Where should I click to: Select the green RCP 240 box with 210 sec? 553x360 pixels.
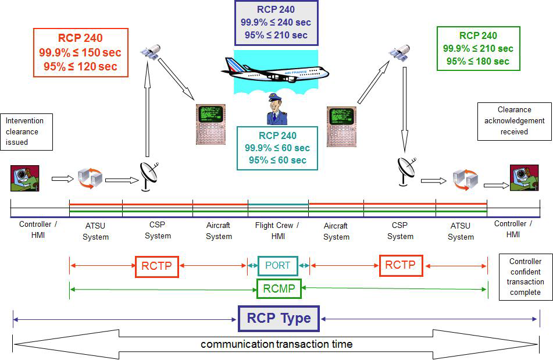[477, 49]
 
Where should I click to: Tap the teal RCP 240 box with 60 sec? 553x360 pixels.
[277, 148]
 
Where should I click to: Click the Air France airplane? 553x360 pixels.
[274, 70]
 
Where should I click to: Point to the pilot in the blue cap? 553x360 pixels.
[277, 109]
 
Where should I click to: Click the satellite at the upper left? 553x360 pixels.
[149, 53]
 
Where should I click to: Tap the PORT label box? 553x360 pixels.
[277, 266]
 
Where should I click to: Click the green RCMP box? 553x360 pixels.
[278, 288]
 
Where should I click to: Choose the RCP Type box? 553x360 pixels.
[279, 318]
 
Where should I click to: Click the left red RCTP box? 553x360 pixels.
[156, 266]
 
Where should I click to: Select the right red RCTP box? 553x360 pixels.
[401, 265]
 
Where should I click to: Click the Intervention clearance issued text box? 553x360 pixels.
[26, 131]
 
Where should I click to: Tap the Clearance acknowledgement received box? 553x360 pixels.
[514, 121]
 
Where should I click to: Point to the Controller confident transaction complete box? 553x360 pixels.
[525, 277]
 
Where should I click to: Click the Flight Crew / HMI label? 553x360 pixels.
[277, 230]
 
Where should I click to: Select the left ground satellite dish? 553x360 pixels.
[147, 176]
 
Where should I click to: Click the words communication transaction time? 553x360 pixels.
[276, 344]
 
